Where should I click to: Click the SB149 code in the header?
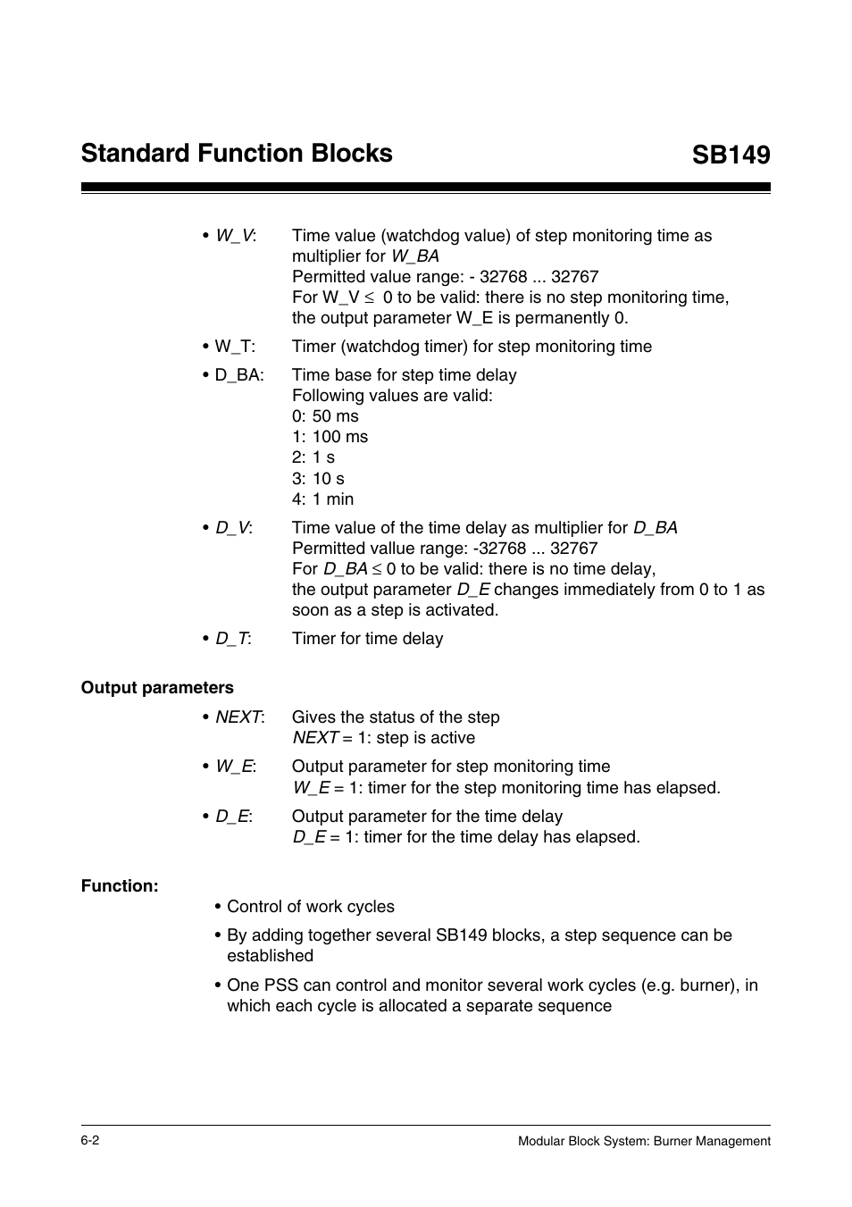click(x=730, y=155)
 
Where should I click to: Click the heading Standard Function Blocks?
click(x=237, y=153)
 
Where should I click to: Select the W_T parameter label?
click(x=234, y=347)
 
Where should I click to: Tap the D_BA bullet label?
click(x=238, y=375)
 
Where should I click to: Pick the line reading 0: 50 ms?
click(x=325, y=416)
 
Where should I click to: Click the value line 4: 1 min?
click(x=322, y=499)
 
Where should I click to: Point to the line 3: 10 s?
click(x=318, y=479)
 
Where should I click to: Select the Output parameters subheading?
click(x=157, y=688)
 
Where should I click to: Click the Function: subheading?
click(x=120, y=886)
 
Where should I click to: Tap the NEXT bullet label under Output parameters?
click(x=238, y=717)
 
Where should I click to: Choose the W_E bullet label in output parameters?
click(x=235, y=767)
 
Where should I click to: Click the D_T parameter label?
click(x=232, y=639)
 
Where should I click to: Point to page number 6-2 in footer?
click(x=90, y=1141)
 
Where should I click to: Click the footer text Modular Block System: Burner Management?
click(x=644, y=1141)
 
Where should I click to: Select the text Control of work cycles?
click(x=310, y=907)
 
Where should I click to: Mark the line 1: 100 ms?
click(x=330, y=437)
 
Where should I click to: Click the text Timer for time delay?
click(x=367, y=639)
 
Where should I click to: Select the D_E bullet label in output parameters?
click(x=232, y=817)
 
